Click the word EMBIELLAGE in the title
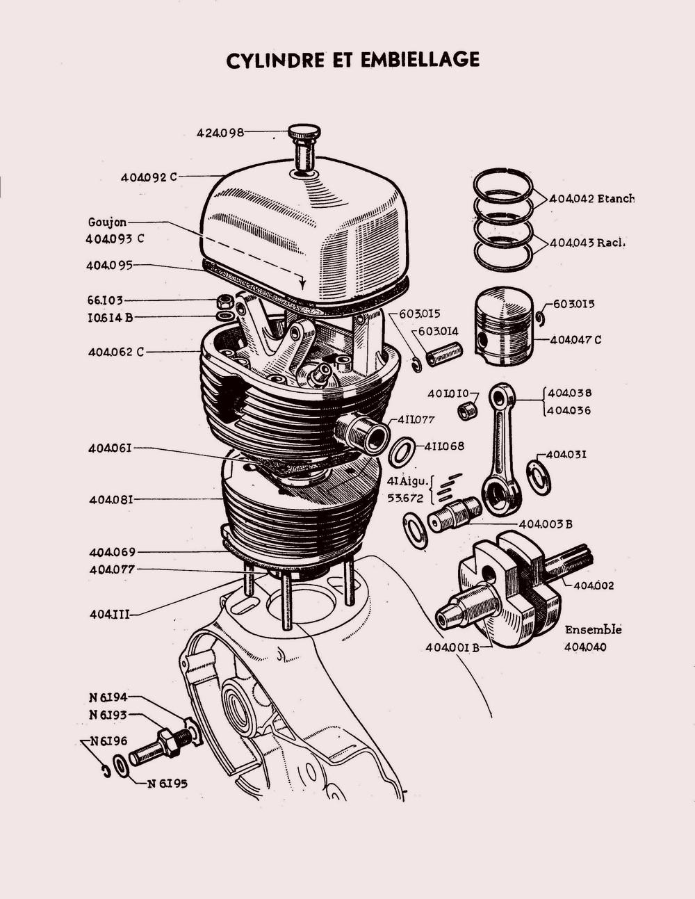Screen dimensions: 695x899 click(x=420, y=60)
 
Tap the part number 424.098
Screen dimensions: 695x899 click(x=220, y=133)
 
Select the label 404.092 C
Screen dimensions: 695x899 click(x=149, y=177)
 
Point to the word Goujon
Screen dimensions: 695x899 click(x=107, y=223)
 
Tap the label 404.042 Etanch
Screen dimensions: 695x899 click(x=591, y=199)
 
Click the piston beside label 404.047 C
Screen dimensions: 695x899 click(x=505, y=325)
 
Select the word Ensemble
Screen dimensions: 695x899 click(x=594, y=630)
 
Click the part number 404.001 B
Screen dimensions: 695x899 click(x=452, y=648)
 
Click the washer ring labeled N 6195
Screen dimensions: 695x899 click(x=120, y=766)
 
